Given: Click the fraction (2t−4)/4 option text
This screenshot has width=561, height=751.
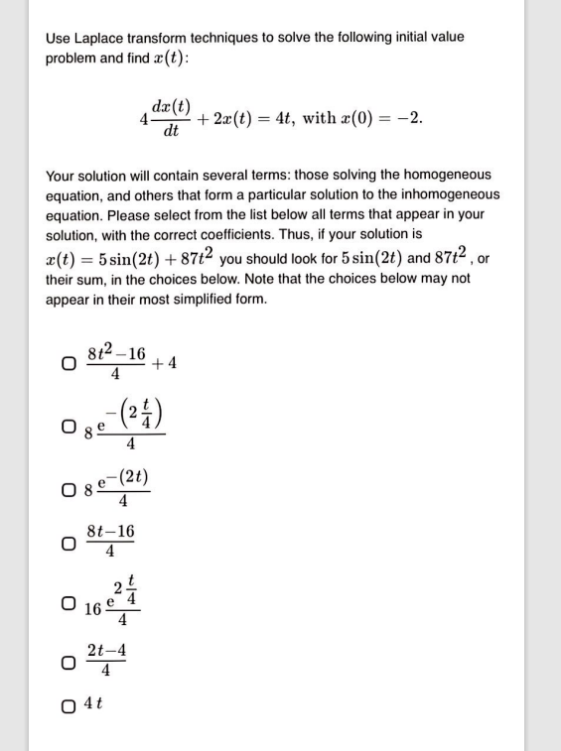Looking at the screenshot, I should pos(106,660).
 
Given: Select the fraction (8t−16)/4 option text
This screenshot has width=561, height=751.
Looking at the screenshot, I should pos(110,542).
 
